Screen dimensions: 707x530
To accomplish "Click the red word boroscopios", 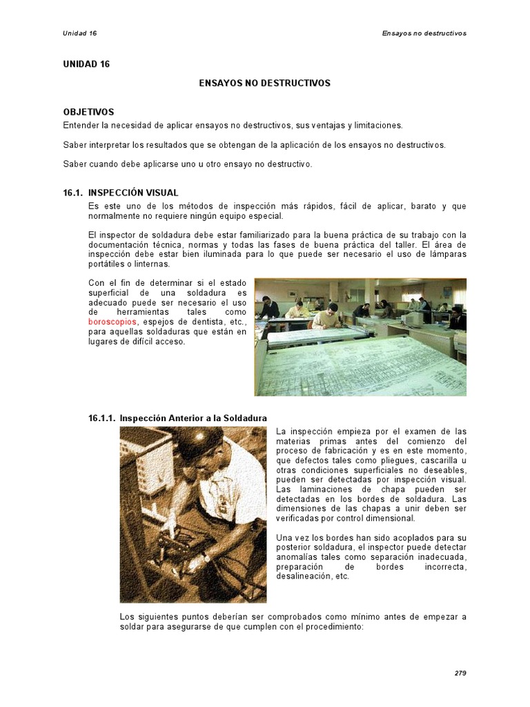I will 112,322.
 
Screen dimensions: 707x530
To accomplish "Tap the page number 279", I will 460,673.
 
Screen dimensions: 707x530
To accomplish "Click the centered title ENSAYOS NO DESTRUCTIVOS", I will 265,83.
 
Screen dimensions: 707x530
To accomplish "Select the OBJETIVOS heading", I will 88,112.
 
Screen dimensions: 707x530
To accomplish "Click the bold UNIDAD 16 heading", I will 86,64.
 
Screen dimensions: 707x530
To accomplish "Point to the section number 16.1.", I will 73,193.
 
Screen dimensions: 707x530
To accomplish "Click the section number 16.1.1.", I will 102,418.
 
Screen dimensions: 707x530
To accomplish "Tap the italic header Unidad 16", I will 79,33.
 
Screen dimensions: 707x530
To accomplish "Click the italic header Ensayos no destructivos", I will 424,33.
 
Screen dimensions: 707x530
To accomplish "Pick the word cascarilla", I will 437,461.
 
